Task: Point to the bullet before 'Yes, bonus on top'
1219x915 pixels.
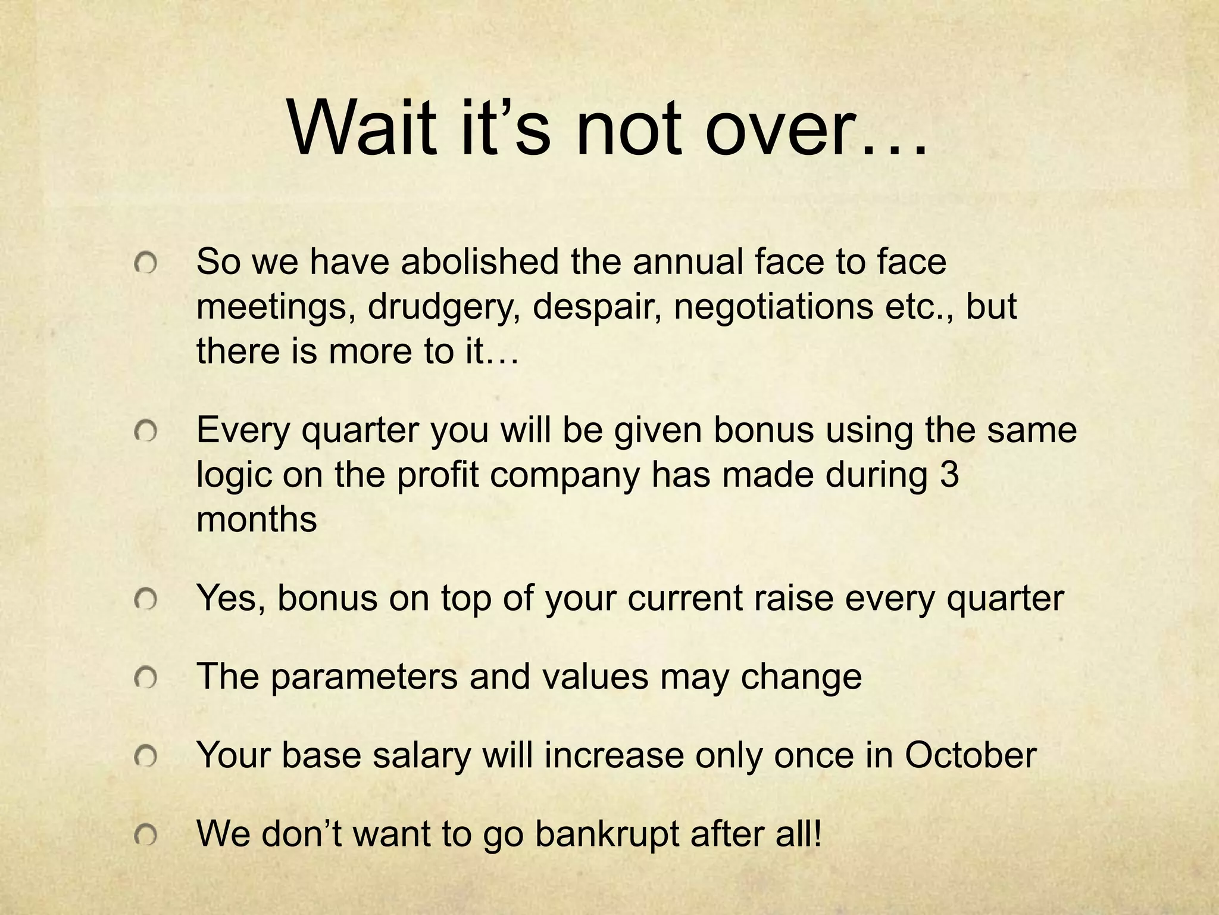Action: click(x=145, y=599)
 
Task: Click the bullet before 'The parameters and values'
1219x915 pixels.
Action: click(x=145, y=678)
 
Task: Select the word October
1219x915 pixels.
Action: click(x=971, y=755)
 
